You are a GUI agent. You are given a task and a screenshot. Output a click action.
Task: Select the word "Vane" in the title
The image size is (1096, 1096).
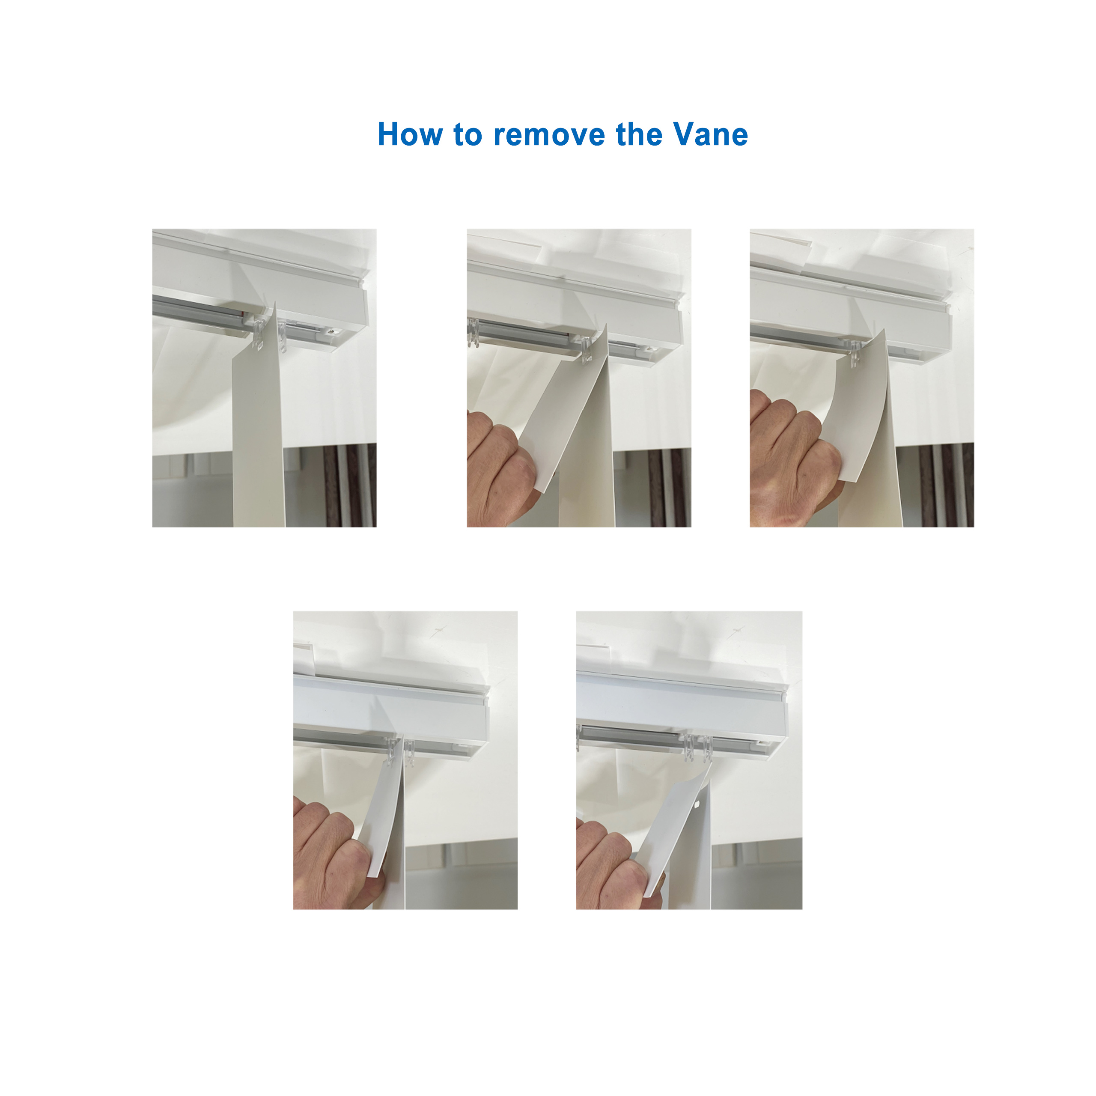coord(711,134)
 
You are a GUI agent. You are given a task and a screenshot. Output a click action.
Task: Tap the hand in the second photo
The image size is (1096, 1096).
coord(499,465)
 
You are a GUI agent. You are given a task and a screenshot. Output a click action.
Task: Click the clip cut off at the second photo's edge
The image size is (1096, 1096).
coord(473,333)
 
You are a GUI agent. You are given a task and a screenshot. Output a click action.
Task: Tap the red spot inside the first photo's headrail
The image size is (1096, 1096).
coord(244,311)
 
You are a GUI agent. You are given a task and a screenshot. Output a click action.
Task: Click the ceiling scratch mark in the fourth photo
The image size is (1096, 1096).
coord(439,629)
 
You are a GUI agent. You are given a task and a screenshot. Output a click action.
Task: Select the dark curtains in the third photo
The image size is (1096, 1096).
coord(944,485)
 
